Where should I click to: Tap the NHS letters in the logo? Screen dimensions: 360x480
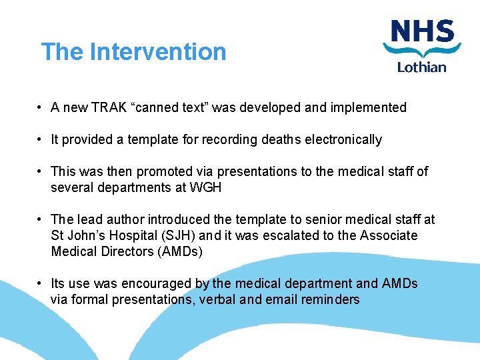point(422,31)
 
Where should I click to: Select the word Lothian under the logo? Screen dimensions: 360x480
point(422,67)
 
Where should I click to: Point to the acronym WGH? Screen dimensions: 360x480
point(205,187)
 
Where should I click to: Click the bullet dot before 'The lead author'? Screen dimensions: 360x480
point(41,219)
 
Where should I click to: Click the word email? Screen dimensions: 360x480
point(281,299)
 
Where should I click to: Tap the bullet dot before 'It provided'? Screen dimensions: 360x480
point(41,139)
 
